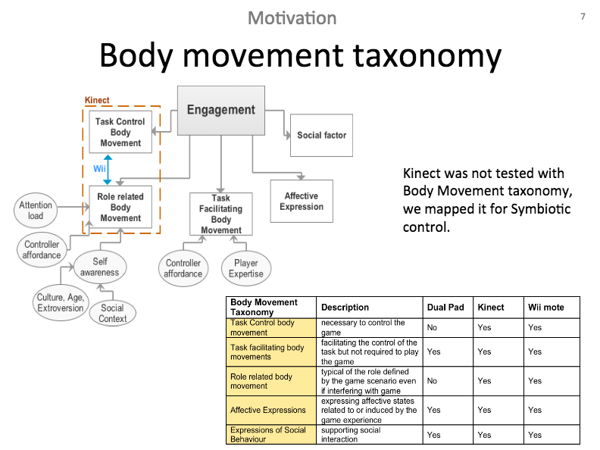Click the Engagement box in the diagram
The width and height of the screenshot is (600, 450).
coord(221,110)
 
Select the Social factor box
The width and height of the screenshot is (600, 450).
coord(321,136)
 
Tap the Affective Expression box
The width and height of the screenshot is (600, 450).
coord(302,201)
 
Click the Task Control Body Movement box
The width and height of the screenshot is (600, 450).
coord(120,132)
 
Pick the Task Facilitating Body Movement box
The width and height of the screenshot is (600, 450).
coord(221,214)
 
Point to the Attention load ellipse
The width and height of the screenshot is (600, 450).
coord(36,211)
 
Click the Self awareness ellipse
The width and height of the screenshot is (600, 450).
coord(100,267)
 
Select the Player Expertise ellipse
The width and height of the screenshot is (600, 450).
coord(246,268)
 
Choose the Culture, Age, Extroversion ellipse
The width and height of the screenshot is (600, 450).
coord(61,303)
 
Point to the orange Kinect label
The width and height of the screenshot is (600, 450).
coord(97,100)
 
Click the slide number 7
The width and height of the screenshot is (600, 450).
coord(583,17)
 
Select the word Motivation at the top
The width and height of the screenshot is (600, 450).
coord(292,18)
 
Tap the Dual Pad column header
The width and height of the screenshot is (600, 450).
coord(445,308)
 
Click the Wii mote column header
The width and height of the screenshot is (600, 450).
coord(545,308)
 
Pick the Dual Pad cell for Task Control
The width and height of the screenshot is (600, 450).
coord(432,328)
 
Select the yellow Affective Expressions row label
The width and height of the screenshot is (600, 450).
coord(268,411)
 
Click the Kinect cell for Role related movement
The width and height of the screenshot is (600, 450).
coord(484,381)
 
